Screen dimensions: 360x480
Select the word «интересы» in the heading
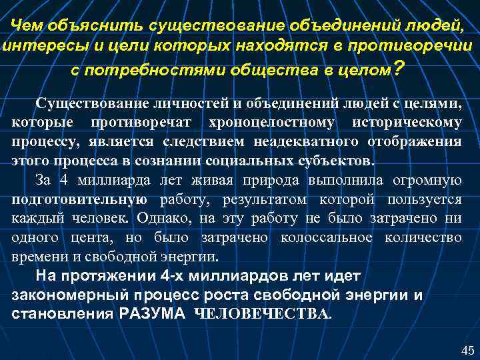click(34, 47)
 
